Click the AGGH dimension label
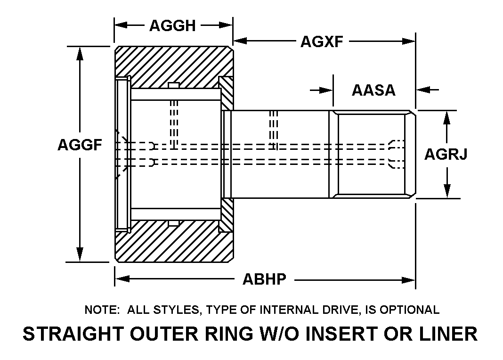pyautogui.click(x=172, y=25)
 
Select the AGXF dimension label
pyautogui.click(x=322, y=42)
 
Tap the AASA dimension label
pyautogui.click(x=373, y=90)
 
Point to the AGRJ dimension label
pyautogui.click(x=446, y=154)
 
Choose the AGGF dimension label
pyautogui.click(x=80, y=145)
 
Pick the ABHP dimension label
pyautogui.click(x=264, y=279)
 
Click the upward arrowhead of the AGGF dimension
pyautogui.click(x=81, y=53)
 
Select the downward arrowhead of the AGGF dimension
pyautogui.click(x=81, y=254)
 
